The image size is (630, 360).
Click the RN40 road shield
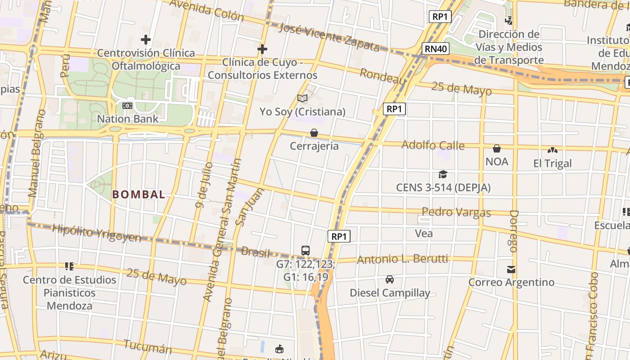click(x=436, y=49)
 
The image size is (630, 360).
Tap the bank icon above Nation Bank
click(x=127, y=106)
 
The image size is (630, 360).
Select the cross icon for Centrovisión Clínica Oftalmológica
click(x=146, y=40)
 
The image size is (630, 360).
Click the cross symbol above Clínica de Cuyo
click(x=262, y=49)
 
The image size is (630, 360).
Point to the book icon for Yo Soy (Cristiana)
click(x=302, y=98)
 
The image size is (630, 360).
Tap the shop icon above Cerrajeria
click(x=314, y=133)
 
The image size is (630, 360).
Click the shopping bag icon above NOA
click(x=497, y=148)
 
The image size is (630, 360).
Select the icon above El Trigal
click(x=552, y=150)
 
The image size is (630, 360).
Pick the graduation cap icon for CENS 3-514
click(x=443, y=174)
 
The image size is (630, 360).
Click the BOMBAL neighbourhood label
click(x=139, y=194)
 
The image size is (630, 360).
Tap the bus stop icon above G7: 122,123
click(x=306, y=251)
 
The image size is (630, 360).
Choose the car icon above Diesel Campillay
click(x=390, y=279)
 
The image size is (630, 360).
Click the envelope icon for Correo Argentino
click(x=511, y=270)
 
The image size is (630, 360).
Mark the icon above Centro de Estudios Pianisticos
click(x=69, y=266)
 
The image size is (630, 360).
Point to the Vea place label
click(x=424, y=233)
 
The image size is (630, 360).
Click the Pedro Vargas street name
click(x=456, y=211)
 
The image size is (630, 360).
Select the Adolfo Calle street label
click(x=432, y=145)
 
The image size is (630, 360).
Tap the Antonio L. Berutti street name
click(x=402, y=259)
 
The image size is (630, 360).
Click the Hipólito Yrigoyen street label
click(x=97, y=232)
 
